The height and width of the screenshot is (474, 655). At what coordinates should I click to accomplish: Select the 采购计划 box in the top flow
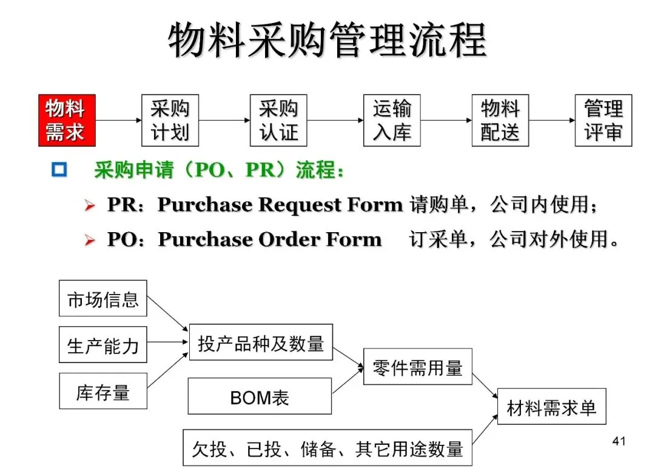170,120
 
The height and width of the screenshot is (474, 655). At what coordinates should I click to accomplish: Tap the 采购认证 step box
278,120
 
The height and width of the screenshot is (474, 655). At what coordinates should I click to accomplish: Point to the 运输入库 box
392,120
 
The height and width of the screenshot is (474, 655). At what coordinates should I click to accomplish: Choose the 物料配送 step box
500,120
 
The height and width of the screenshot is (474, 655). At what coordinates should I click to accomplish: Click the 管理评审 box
603,120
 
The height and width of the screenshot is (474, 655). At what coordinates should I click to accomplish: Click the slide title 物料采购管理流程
327,41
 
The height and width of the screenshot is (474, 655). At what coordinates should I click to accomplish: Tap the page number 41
619,441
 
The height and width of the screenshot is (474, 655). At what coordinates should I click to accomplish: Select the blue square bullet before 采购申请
59,170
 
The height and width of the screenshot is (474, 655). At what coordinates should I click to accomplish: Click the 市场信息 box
102,298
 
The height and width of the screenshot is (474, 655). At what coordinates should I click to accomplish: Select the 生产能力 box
102,345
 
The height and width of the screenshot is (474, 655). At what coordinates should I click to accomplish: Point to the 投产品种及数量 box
261,342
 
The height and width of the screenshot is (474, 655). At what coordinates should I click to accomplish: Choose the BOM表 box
260,396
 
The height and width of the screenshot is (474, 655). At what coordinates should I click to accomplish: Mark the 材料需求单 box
551,406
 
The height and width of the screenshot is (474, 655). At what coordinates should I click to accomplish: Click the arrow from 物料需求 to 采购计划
118,120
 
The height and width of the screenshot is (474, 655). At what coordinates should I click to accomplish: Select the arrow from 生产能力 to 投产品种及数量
168,342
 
